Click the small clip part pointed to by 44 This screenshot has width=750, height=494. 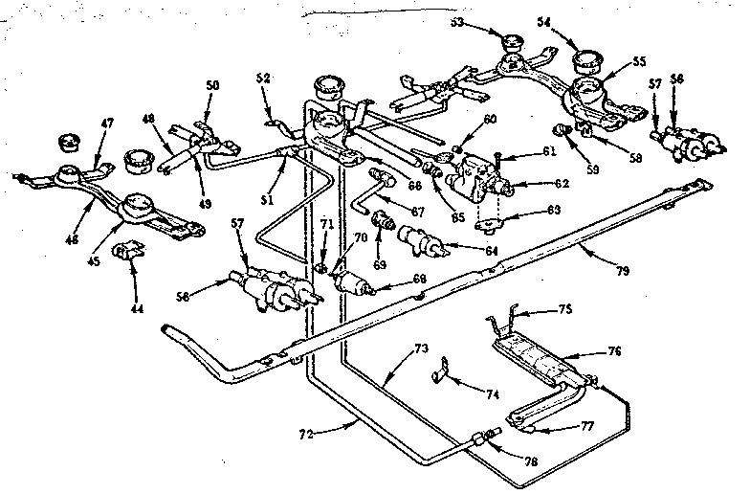(x=122, y=253)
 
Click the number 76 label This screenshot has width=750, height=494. (x=612, y=351)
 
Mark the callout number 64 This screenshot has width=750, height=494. (x=492, y=251)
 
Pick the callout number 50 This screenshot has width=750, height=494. (x=212, y=85)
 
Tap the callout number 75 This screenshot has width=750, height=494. (x=564, y=309)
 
